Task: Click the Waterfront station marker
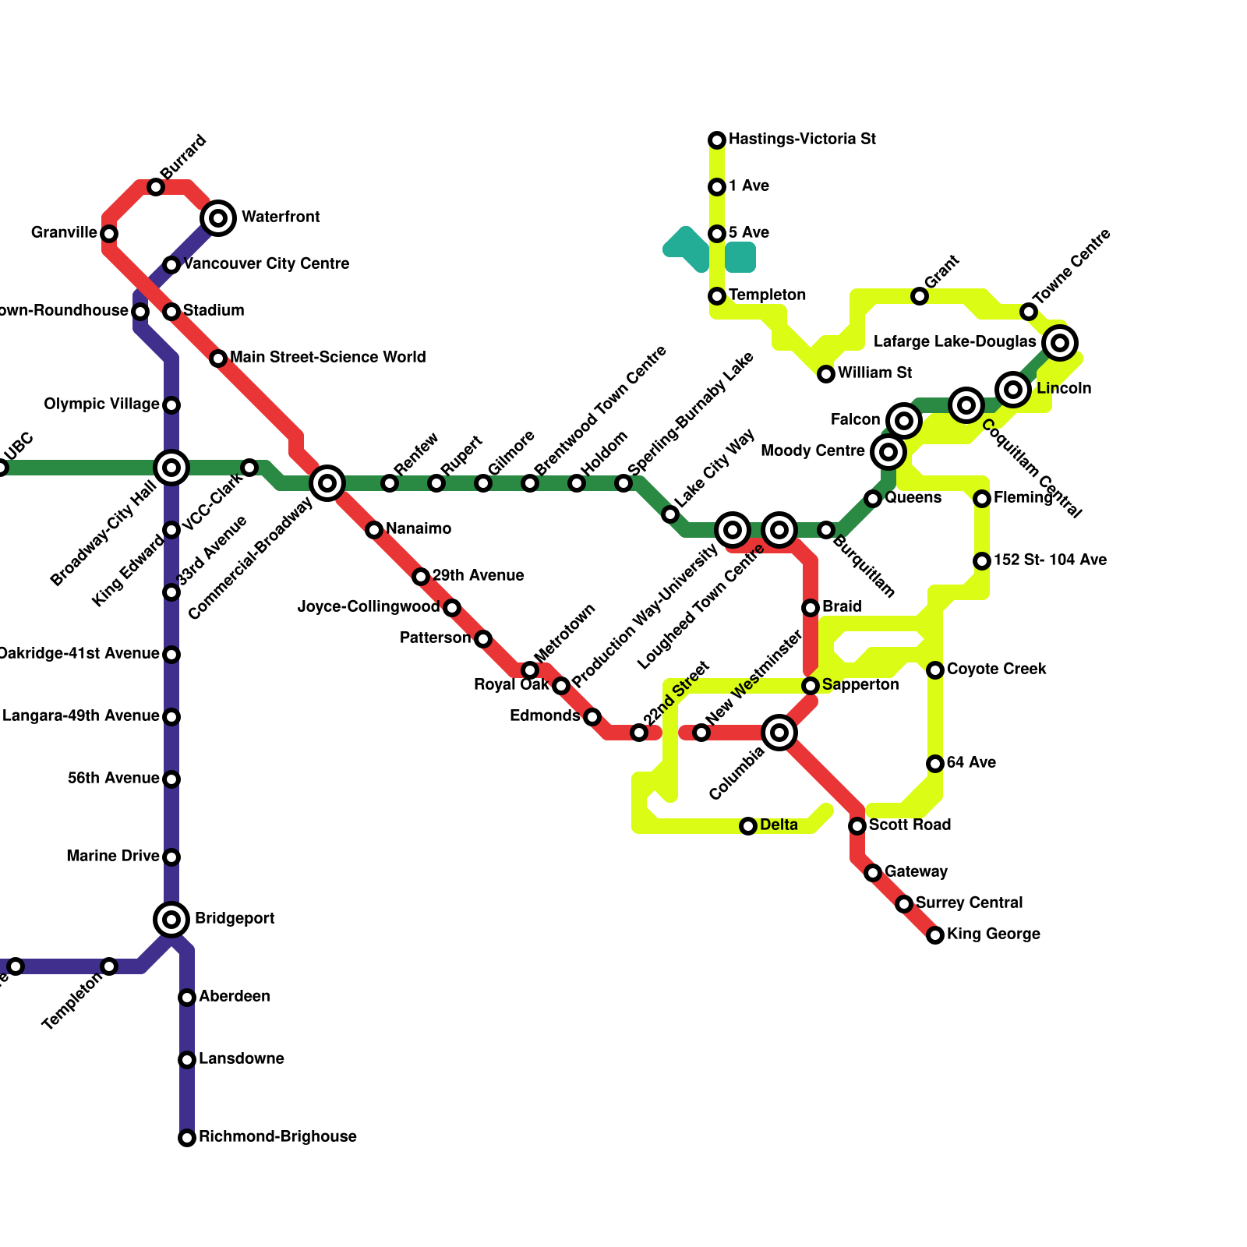219,217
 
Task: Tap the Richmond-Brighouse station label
277,1137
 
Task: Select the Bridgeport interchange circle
171,920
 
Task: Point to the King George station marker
935,935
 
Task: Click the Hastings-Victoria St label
802,140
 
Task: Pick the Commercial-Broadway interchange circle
327,483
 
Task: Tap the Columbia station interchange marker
779,733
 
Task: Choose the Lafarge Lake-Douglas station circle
1060,342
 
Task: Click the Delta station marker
748,826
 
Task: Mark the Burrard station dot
156,187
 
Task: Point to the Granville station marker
109,234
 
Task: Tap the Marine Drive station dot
171,857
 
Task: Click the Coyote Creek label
996,669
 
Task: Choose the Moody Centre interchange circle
888,451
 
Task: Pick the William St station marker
826,374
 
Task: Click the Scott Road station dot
857,826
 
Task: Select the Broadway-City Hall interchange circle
171,468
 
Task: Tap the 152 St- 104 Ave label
1050,560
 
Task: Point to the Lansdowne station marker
187,1060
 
